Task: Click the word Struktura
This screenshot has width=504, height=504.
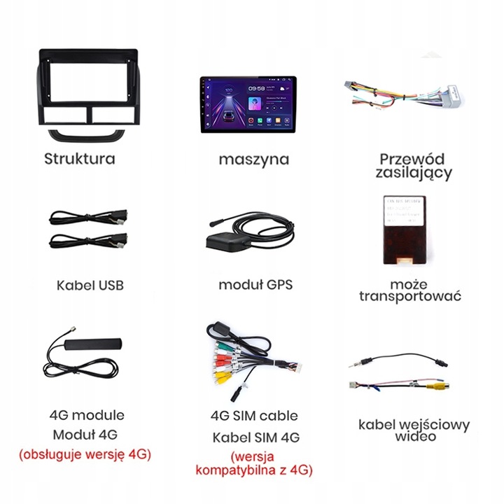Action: pos(79,158)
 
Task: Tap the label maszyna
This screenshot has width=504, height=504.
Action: pos(253,159)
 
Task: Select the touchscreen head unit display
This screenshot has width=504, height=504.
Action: pos(253,104)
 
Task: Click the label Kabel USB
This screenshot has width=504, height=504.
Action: pos(90,286)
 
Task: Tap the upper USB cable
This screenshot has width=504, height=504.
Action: pos(87,216)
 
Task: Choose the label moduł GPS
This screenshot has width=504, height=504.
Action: pos(255,285)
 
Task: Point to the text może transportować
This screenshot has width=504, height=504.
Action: pos(410,290)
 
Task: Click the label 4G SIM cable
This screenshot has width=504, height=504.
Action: pos(254,416)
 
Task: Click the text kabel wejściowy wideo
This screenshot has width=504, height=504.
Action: pos(414,430)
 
